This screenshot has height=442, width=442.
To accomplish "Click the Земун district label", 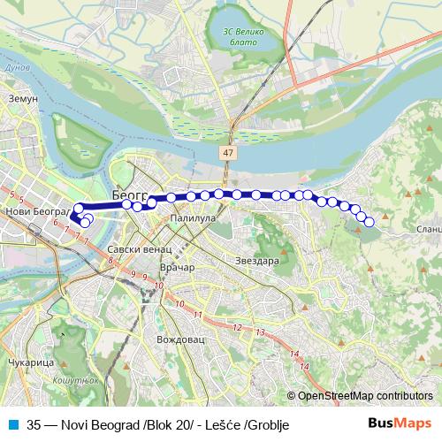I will point(22,99).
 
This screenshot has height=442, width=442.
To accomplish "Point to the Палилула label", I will point(193,217).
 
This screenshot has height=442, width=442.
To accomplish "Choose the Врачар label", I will point(178,267).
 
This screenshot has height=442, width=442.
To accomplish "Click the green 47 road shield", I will point(229,153).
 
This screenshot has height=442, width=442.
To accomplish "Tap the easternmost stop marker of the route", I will point(369,222).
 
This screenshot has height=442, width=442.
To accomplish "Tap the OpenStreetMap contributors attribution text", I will point(365,396).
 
